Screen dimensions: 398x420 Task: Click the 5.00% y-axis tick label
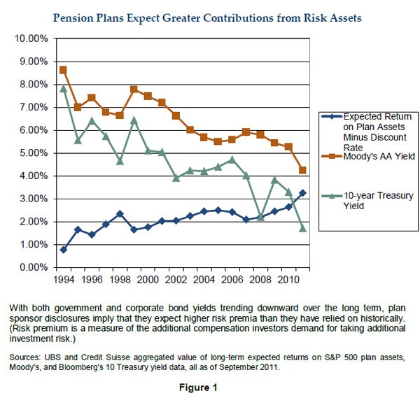[32, 153]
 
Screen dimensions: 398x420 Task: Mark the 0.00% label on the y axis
[32, 268]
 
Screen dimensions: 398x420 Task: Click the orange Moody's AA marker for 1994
[63, 70]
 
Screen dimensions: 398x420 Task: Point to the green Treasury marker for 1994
[63, 88]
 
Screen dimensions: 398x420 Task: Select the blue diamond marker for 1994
[63, 250]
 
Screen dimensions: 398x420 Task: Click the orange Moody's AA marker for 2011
[302, 170]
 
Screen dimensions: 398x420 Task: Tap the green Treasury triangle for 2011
[302, 228]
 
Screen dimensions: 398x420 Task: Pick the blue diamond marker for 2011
[302, 193]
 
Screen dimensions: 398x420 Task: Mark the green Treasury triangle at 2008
[260, 217]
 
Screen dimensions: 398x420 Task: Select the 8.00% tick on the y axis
[32, 85]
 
